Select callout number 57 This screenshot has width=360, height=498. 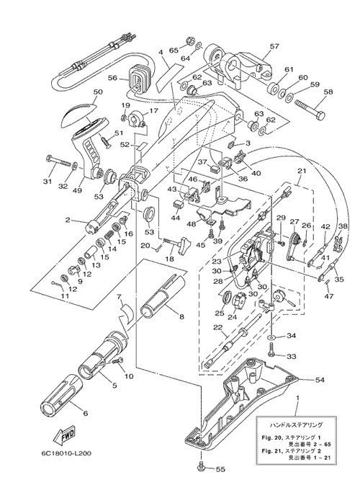coord(274,46)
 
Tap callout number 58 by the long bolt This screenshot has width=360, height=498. coord(328,92)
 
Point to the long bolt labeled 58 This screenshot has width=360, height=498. coord(310,110)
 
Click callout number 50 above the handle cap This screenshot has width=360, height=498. coord(98,92)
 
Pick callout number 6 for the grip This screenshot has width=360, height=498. coord(85,414)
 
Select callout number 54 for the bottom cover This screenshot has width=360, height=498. coord(320,380)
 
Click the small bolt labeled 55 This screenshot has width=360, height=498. coord(201,466)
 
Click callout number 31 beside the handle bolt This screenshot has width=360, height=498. coord(48,182)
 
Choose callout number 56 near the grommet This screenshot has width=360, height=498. coord(113,78)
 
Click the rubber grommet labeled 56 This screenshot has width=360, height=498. coord(139,79)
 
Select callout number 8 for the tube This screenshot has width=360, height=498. coord(181,317)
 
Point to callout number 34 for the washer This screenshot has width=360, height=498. coord(291,336)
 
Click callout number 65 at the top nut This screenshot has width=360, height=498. coord(174,50)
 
